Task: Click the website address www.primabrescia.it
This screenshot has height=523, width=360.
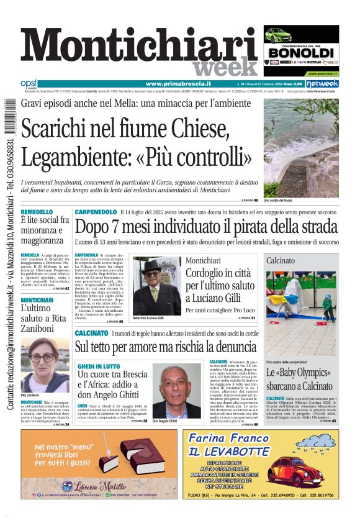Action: point(178,84)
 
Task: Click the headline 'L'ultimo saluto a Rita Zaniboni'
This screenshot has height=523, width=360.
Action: point(41,317)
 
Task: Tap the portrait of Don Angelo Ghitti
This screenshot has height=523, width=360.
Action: point(177,391)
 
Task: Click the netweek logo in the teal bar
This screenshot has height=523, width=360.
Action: point(323,84)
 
